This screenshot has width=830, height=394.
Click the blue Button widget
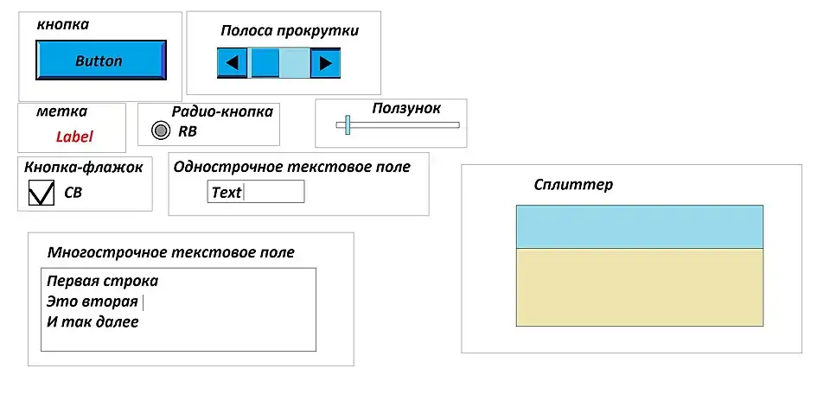tap(99, 61)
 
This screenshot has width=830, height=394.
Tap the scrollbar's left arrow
tap(232, 62)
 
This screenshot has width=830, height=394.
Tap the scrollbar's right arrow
tap(325, 62)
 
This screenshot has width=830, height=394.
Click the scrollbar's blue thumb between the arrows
tap(265, 62)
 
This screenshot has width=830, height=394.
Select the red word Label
tap(74, 137)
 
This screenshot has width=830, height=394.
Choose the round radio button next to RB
tap(160, 130)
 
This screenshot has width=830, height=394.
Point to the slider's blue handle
tap(347, 124)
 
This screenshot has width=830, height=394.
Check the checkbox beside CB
tap(41, 194)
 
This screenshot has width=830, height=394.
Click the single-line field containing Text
tap(256, 192)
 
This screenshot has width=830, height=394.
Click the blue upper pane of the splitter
tap(639, 226)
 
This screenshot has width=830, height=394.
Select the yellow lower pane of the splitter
tap(639, 287)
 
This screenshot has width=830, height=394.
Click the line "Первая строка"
tap(102, 281)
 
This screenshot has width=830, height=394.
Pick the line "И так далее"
tap(93, 322)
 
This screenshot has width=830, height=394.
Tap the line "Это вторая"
tap(93, 302)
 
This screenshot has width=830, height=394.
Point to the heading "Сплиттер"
tap(573, 185)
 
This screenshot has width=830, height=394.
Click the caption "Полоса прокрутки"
tap(290, 31)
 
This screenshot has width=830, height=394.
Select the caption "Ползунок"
tap(406, 109)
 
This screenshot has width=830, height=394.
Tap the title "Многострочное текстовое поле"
tap(171, 252)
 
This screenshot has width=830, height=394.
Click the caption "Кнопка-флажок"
tap(83, 167)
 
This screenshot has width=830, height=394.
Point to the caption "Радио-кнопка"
tap(222, 111)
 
